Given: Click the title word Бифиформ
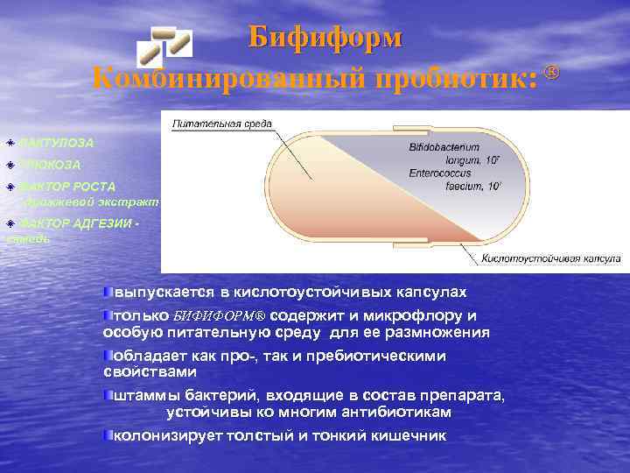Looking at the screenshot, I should tap(325, 38).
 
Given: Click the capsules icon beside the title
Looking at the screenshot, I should tap(168, 40).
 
